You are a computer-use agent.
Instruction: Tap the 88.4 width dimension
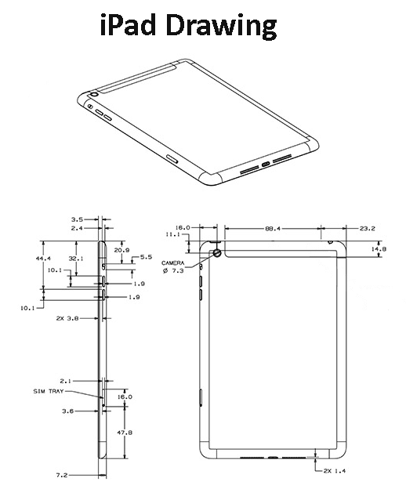point(274,229)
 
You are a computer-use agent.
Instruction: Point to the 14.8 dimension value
point(379,249)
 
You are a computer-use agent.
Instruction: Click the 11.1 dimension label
point(172,234)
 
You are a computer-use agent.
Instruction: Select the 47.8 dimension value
point(125,432)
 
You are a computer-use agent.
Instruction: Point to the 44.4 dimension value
point(44,258)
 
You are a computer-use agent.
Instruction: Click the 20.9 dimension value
point(121,250)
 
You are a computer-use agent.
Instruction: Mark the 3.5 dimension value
point(77,220)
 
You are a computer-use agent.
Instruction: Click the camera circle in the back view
point(216,252)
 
